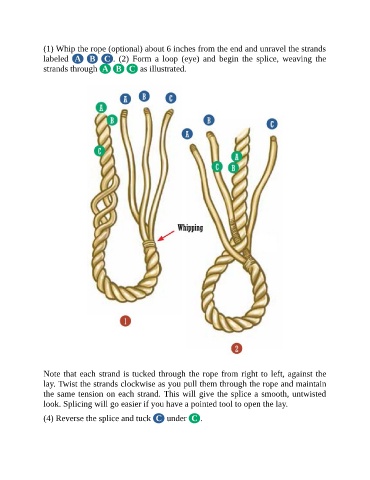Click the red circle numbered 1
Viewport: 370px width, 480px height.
click(x=125, y=321)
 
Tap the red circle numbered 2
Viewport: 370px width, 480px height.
click(x=236, y=349)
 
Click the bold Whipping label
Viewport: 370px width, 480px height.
click(x=190, y=228)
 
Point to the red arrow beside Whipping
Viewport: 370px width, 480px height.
click(x=166, y=235)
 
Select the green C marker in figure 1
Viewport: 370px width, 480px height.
click(x=99, y=151)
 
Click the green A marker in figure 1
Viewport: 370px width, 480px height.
click(x=101, y=107)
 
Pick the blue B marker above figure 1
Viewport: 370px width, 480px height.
click(x=144, y=96)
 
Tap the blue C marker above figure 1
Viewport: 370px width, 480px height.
click(x=171, y=98)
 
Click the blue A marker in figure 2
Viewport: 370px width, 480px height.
click(x=187, y=134)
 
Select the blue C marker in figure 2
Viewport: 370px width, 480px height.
click(x=272, y=124)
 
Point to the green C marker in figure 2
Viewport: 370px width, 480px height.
click(x=217, y=166)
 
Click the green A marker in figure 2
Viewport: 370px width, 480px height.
click(x=236, y=156)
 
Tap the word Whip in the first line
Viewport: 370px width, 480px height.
click(x=63, y=49)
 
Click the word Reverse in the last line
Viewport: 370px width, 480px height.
click(x=69, y=419)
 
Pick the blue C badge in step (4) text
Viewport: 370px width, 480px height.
click(x=159, y=418)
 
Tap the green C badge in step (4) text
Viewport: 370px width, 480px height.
click(x=194, y=418)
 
